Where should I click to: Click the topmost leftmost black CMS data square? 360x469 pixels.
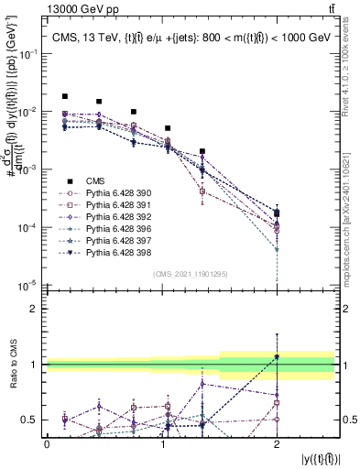tap(64, 96)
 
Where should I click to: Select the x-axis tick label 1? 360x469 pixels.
tap(162, 444)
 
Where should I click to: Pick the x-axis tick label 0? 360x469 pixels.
tap(47, 444)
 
